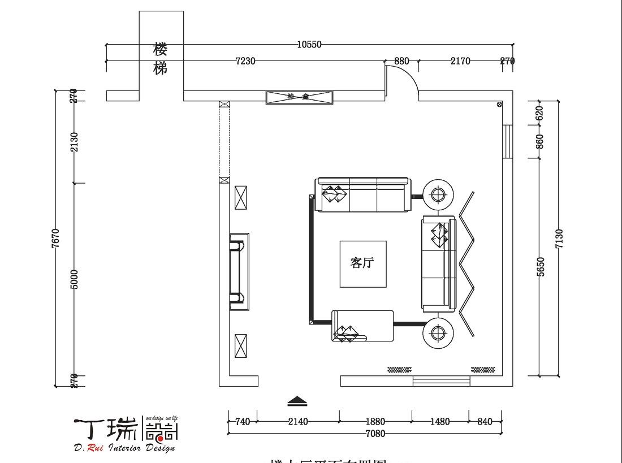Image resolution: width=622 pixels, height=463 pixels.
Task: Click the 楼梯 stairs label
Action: (161, 59)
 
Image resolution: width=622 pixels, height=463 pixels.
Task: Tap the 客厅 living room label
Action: (362, 263)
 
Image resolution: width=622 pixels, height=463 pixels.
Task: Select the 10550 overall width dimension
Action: (309, 45)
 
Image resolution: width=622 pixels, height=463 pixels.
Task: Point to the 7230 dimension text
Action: (245, 61)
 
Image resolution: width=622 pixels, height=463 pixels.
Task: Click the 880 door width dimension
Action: (401, 61)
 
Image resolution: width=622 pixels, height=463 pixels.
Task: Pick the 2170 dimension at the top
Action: (460, 61)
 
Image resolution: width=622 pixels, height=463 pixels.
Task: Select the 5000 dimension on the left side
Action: (75, 279)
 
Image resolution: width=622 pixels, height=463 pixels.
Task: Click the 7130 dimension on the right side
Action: (559, 238)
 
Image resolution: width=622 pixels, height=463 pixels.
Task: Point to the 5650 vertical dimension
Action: (540, 266)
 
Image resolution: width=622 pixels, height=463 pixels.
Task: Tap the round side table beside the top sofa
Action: (438, 195)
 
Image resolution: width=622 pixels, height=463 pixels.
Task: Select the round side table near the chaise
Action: (438, 332)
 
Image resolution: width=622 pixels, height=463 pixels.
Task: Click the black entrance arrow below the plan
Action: (297, 401)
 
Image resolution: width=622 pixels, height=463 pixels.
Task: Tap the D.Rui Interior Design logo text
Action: (124, 448)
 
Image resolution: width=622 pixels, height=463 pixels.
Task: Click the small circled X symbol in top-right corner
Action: (499, 104)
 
